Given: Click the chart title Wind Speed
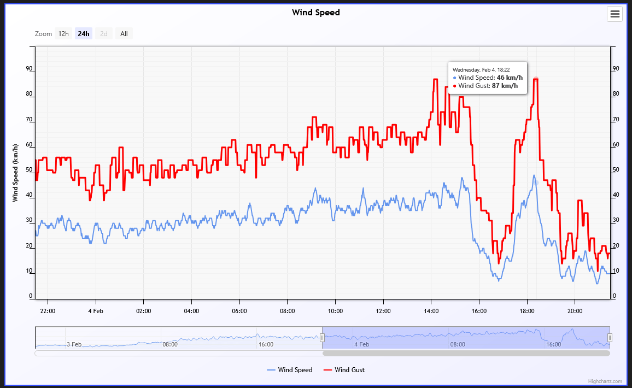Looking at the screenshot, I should (x=315, y=13).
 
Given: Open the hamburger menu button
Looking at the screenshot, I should (x=615, y=14).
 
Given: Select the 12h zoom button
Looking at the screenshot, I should (x=63, y=34).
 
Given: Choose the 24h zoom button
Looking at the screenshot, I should (x=84, y=34).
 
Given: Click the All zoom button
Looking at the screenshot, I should (x=124, y=34).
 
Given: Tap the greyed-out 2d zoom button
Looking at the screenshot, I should (x=104, y=34).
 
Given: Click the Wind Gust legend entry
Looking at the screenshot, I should (x=344, y=370).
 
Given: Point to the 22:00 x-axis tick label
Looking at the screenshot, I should (x=48, y=311).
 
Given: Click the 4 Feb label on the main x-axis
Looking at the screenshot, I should (x=96, y=311).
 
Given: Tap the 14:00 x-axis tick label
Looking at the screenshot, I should (x=431, y=311).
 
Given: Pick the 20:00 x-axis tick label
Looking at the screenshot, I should (x=575, y=311).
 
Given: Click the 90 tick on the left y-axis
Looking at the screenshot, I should (x=30, y=69).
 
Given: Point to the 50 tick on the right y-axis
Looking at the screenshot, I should (x=616, y=170).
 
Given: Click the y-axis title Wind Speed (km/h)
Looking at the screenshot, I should (x=15, y=173).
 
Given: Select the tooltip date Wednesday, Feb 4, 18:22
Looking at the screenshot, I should (x=481, y=69).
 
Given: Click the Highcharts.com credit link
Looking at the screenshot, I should (x=605, y=381).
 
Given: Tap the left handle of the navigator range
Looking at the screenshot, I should (x=323, y=338).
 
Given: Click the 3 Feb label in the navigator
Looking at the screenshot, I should (x=74, y=344).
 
